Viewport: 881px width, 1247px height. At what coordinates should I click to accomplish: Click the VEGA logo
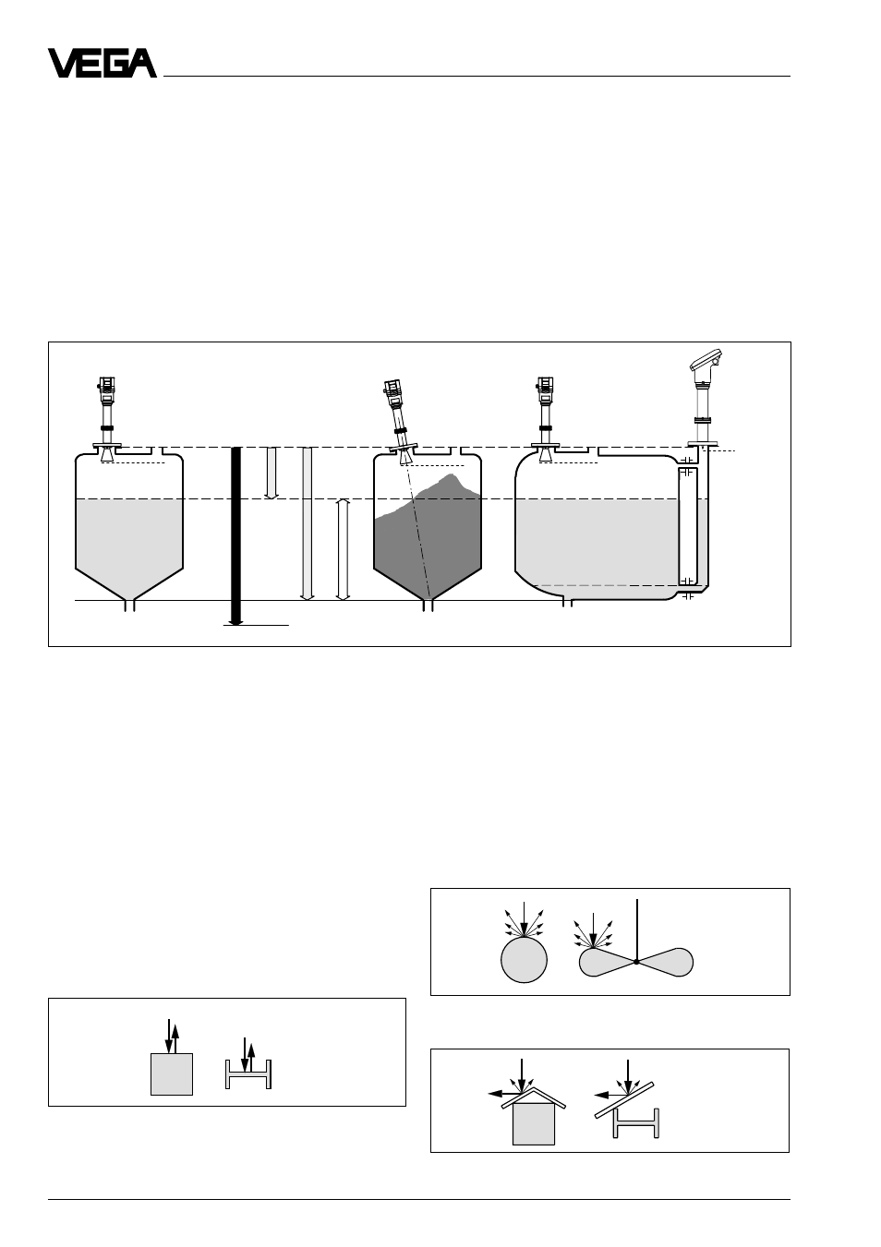[103, 63]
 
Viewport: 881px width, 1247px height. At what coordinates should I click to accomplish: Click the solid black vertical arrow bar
[236, 535]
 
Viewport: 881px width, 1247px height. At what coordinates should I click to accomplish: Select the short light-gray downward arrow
[272, 473]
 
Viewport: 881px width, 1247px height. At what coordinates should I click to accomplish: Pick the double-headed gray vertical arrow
[343, 549]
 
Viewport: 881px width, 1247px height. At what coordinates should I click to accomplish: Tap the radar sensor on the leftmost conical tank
[106, 419]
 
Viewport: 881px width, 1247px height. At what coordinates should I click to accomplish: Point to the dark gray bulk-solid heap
[428, 536]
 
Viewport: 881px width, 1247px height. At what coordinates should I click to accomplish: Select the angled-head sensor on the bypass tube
[705, 398]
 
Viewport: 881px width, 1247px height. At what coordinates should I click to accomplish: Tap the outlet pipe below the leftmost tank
[129, 606]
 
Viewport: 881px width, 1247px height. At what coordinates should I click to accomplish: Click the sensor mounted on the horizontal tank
[545, 419]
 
